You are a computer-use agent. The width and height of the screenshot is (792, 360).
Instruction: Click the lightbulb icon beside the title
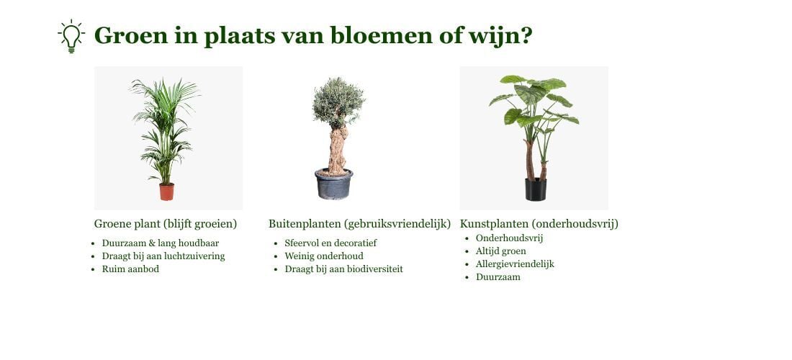point(71,36)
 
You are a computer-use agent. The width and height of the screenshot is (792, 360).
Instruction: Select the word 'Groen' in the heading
point(131,35)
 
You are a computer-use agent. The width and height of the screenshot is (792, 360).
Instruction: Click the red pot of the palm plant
point(167,192)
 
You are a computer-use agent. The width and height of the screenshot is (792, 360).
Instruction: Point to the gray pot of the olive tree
point(333,184)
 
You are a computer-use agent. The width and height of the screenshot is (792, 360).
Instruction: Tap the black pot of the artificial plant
point(536,189)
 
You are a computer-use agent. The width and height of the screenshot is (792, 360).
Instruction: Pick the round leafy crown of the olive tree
point(338,102)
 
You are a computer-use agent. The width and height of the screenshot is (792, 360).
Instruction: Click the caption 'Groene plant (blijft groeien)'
point(166,224)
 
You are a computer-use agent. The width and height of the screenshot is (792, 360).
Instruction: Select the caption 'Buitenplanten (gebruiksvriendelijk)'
point(359,224)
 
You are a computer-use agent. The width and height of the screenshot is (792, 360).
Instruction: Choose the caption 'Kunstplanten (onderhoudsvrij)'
point(539,224)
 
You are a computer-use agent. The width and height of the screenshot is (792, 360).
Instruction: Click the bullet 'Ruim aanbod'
point(130,269)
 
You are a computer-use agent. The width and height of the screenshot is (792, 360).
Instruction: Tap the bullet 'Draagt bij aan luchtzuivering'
point(163,256)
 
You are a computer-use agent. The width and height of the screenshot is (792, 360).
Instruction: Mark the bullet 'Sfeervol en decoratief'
point(330,243)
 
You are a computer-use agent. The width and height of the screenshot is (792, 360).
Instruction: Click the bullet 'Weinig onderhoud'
point(324,256)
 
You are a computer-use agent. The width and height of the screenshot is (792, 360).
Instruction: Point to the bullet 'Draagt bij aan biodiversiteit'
point(344,269)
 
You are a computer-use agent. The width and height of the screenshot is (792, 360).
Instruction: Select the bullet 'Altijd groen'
point(500,251)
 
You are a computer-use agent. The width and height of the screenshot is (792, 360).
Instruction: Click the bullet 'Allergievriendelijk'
point(515,264)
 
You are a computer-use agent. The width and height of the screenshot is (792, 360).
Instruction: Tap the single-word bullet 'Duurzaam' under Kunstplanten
point(498,277)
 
